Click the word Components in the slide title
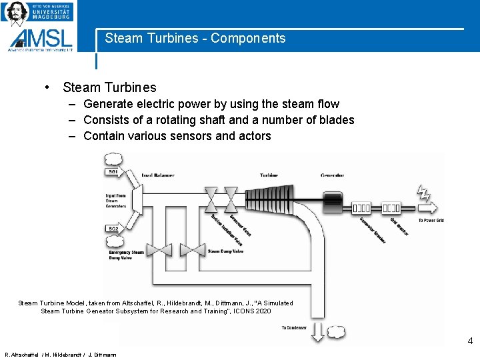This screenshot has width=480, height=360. click(x=248, y=39)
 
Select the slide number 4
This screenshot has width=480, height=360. click(x=470, y=341)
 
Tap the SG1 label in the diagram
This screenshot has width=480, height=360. click(x=113, y=172)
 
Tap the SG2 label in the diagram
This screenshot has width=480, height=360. click(x=113, y=229)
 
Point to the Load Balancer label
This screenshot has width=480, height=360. click(x=158, y=175)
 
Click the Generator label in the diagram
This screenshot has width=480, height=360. click(x=333, y=175)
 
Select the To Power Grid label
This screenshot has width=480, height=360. click(x=431, y=221)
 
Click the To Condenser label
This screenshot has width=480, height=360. click(x=293, y=327)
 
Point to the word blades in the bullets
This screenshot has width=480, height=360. click(x=337, y=120)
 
